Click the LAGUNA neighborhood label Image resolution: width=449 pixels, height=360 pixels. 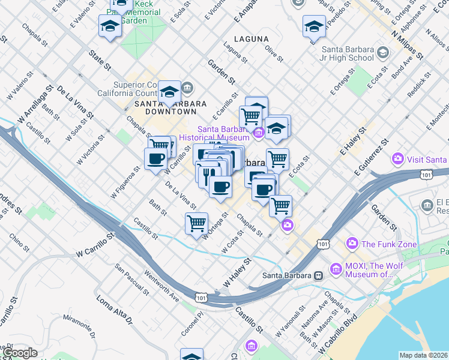pyautogui.click(x=251, y=39)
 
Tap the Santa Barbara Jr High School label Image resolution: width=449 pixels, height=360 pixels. pyautogui.click(x=348, y=54)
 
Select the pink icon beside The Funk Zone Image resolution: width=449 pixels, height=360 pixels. pyautogui.click(x=352, y=244)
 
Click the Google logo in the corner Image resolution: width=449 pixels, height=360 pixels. pyautogui.click(x=20, y=353)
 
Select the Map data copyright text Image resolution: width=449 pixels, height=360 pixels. pyautogui.click(x=423, y=355)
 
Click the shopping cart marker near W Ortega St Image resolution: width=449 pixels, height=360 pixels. pyautogui.click(x=196, y=224)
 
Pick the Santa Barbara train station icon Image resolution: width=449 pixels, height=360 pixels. pyautogui.click(x=319, y=275)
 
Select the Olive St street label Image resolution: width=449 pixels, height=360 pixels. pyautogui.click(x=274, y=55)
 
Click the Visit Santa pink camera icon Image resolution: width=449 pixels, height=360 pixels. pyautogui.click(x=397, y=159)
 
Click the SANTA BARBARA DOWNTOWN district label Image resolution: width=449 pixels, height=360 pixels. pyautogui.click(x=166, y=107)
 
